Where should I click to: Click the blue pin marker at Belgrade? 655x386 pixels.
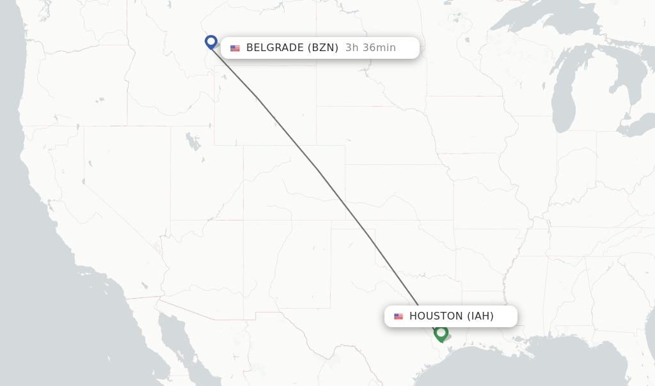211,42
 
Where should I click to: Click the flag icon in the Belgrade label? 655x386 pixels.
235,49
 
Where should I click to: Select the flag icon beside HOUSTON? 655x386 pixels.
399,316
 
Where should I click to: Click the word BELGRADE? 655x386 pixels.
275,48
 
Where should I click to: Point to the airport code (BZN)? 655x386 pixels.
323,48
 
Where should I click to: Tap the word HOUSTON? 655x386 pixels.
436,316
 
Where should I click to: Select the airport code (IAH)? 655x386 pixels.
480,316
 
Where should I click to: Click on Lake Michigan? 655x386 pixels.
564,96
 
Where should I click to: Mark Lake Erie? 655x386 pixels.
640,125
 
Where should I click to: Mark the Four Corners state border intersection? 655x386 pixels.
244,220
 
